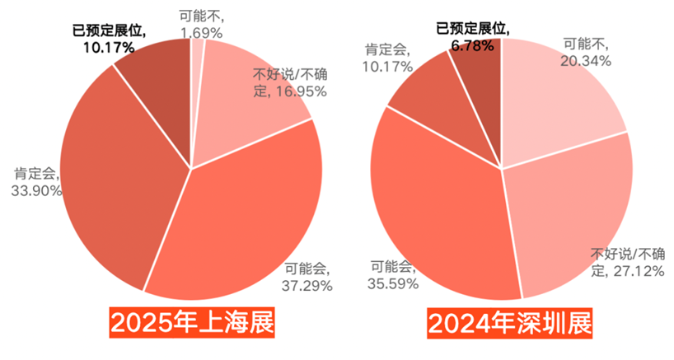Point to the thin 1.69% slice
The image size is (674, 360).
(x=196, y=74)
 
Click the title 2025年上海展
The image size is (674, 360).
(x=192, y=323)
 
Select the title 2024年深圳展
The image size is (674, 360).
(x=509, y=323)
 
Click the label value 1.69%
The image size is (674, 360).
(x=200, y=34)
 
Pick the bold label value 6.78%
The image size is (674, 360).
(x=472, y=46)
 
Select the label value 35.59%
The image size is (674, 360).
(x=393, y=283)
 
